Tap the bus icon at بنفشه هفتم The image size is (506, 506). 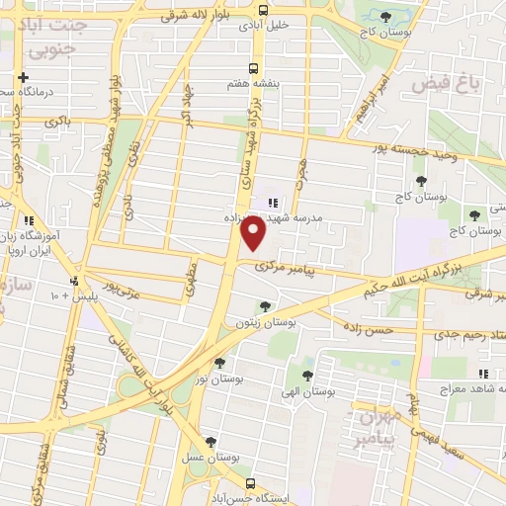[x=254, y=68]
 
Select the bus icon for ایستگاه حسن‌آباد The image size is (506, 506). [x=249, y=484]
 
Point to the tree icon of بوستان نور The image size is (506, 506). [x=218, y=362]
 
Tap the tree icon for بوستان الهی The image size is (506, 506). [x=307, y=376]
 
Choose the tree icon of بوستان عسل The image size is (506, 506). [x=208, y=442]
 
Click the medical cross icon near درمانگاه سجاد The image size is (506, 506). [x=21, y=77]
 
